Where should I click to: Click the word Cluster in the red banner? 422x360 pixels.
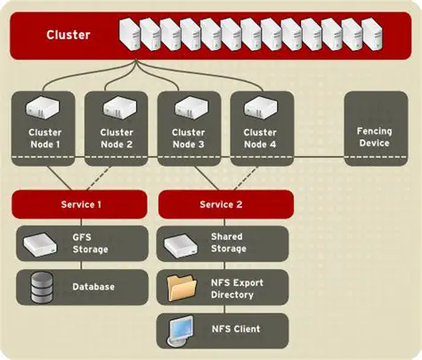click(x=68, y=36)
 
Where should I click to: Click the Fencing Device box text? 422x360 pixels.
click(x=374, y=136)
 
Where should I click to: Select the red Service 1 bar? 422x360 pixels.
click(x=81, y=204)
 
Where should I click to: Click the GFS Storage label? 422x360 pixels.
click(x=90, y=243)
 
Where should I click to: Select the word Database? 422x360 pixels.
click(x=93, y=287)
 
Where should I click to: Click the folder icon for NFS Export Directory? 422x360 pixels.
click(x=181, y=287)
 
